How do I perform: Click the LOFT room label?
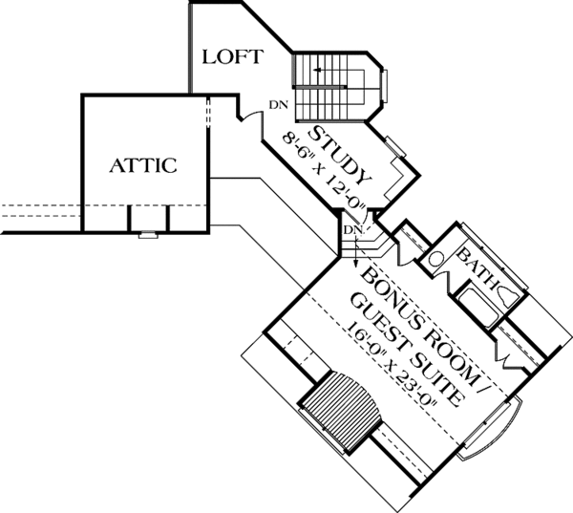click(x=233, y=57)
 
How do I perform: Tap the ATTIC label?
click(x=143, y=165)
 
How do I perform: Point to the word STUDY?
click(x=340, y=155)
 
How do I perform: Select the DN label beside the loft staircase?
click(x=279, y=105)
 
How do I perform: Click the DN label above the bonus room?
click(x=353, y=229)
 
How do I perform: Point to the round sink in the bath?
click(x=435, y=259)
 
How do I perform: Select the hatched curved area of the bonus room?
click(x=342, y=410)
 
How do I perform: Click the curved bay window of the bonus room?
click(x=492, y=429)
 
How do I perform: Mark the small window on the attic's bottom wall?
click(x=148, y=235)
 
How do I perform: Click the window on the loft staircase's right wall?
click(x=384, y=86)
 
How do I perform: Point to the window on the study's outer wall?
click(x=395, y=146)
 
